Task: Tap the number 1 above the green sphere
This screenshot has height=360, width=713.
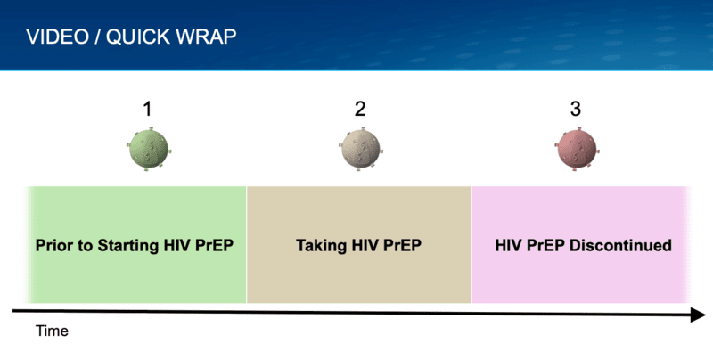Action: pos(147,110)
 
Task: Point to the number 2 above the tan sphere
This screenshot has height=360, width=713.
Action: pos(359,110)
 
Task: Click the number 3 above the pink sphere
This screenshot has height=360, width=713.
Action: pos(575,110)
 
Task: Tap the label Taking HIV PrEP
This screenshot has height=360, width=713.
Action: pos(358,244)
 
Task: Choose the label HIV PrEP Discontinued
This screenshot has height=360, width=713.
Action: pos(583,244)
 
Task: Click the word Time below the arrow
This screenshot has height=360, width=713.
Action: pos(52,331)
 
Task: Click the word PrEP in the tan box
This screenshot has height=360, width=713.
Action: pos(402,244)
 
